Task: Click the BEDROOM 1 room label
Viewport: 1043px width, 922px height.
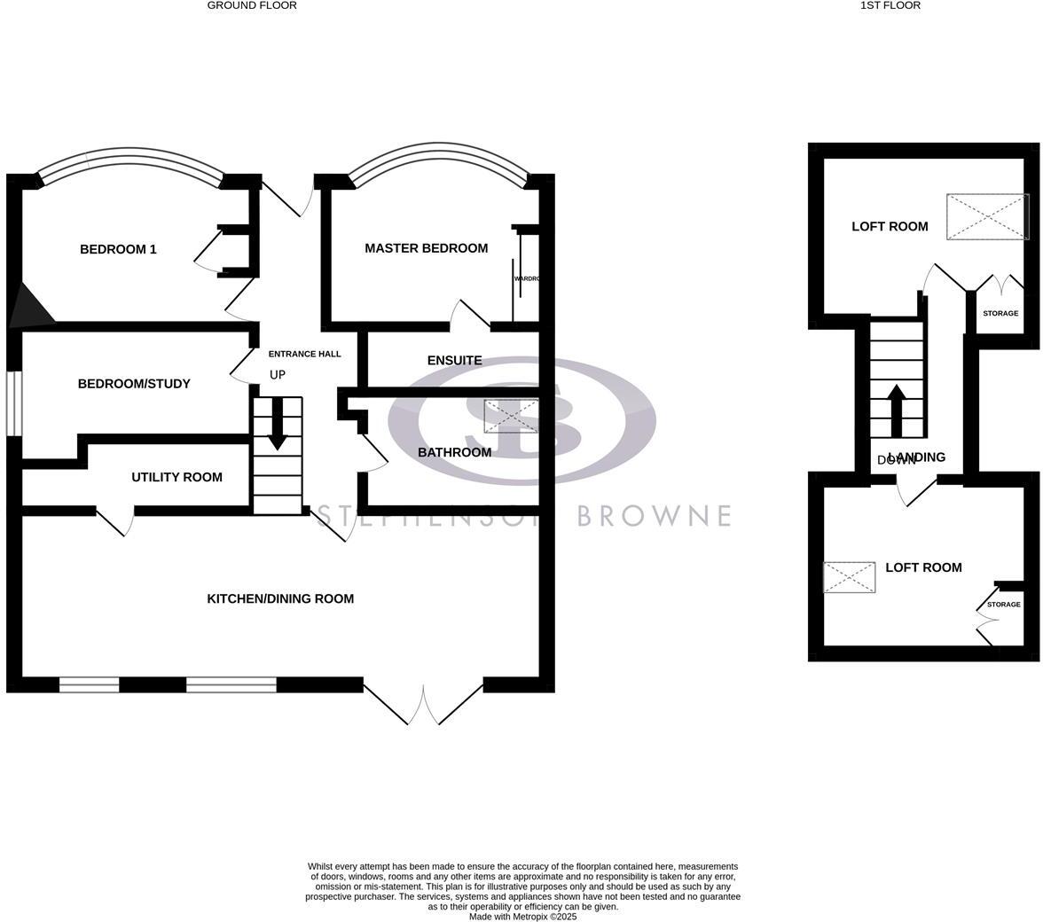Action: click(x=118, y=249)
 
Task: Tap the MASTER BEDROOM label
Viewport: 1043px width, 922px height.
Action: click(x=426, y=248)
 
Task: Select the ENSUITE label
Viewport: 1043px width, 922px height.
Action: click(x=454, y=360)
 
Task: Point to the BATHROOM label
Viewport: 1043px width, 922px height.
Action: click(x=454, y=452)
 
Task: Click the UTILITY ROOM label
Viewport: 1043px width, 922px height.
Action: click(x=176, y=477)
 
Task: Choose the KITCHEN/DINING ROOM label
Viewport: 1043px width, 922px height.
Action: click(x=280, y=598)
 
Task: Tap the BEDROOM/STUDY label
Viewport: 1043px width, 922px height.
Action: click(x=134, y=384)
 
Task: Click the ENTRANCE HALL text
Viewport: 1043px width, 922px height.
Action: click(x=304, y=354)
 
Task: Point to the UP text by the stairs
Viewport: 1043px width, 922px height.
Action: click(x=278, y=375)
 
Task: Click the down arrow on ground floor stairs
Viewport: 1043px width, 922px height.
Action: click(x=278, y=426)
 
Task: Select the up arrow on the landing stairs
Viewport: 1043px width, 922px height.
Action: click(x=897, y=410)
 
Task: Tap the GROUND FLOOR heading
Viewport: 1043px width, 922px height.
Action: click(x=252, y=5)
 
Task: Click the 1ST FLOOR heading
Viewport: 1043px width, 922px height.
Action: click(x=890, y=5)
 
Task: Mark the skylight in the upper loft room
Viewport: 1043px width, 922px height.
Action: click(x=987, y=216)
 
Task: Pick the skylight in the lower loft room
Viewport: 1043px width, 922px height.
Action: click(x=849, y=577)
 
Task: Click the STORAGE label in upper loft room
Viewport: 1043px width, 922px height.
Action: click(x=1000, y=313)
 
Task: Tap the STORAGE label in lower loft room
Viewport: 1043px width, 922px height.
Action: click(x=1004, y=605)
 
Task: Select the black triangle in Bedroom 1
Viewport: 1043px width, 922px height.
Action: click(x=27, y=307)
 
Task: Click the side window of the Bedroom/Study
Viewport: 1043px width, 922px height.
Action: click(x=13, y=403)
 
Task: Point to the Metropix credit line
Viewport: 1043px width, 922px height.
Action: click(x=522, y=917)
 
